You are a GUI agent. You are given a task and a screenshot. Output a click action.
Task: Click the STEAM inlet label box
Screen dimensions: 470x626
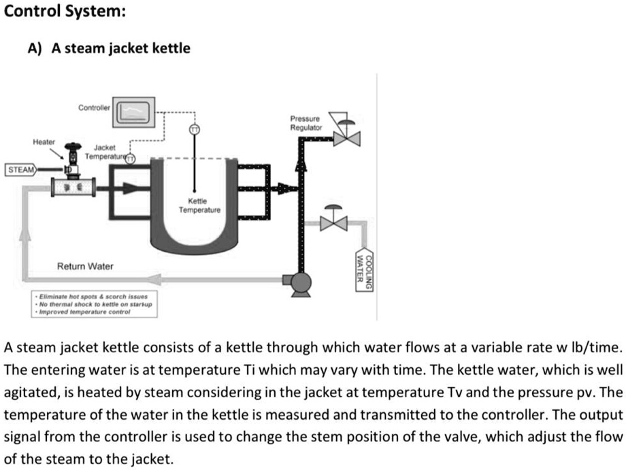point(21,169)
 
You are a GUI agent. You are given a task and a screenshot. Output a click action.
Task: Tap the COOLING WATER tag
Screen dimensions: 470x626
point(365,271)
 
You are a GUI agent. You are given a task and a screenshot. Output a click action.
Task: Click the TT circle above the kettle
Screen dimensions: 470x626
point(194,129)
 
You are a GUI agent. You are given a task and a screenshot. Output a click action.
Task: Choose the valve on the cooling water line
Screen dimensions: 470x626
point(334,222)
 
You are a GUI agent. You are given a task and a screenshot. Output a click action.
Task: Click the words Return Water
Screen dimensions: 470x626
point(85,265)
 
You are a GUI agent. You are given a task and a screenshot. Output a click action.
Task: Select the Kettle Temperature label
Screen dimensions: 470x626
point(199,206)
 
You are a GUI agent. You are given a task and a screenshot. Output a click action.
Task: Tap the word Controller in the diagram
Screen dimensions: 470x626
point(95,107)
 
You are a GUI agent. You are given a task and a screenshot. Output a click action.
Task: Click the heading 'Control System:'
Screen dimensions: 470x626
point(54,12)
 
